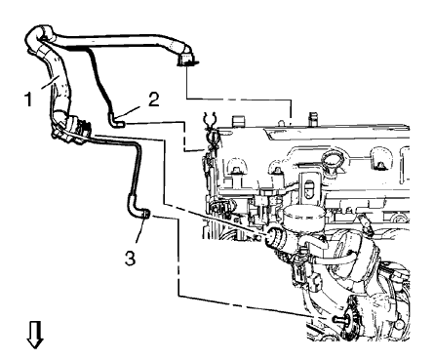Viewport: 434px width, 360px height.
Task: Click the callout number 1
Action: [x=29, y=100]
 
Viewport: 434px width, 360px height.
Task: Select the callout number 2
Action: [x=153, y=100]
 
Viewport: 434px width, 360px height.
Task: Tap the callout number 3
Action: [x=130, y=260]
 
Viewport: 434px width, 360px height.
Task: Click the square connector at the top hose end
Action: [x=186, y=60]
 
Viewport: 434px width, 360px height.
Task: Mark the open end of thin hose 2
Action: [x=121, y=124]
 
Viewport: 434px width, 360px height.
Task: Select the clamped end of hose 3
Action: [x=146, y=215]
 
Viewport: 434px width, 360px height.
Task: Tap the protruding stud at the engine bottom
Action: [x=339, y=320]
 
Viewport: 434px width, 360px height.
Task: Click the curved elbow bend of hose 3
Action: [x=133, y=209]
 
